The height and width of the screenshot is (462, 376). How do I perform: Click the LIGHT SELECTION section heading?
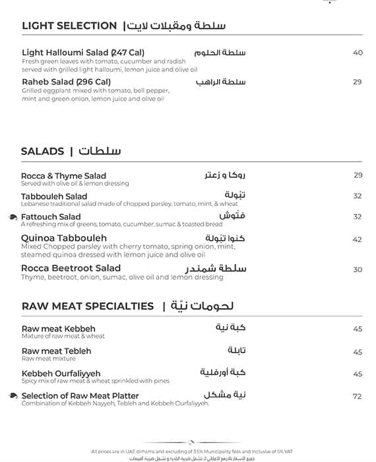click(x=69, y=26)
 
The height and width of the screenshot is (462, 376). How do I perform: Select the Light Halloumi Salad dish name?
click(x=83, y=52)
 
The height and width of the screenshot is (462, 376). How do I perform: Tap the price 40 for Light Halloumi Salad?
click(x=358, y=53)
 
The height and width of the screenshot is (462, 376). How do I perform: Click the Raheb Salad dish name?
click(x=66, y=82)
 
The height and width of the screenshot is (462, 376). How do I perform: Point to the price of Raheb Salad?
click(x=358, y=82)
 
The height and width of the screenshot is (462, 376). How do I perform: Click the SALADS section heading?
click(x=42, y=151)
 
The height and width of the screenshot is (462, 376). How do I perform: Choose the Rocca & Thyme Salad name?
click(x=63, y=176)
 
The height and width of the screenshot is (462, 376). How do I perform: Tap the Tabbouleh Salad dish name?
click(x=54, y=197)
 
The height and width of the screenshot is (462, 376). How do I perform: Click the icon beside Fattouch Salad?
click(x=13, y=217)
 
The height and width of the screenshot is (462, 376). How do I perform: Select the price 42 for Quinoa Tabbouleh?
click(x=357, y=240)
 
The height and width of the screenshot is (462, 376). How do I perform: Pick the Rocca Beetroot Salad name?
click(x=71, y=269)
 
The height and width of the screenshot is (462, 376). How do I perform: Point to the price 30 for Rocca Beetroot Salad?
click(x=358, y=269)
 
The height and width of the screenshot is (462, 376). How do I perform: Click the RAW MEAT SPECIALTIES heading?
click(x=88, y=306)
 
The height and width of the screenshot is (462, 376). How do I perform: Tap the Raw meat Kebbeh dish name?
click(x=58, y=329)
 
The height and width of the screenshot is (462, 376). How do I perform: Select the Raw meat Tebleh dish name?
click(x=56, y=351)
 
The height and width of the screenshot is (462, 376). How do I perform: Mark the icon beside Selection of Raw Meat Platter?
click(x=13, y=396)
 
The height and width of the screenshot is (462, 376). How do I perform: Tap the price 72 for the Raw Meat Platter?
click(x=358, y=397)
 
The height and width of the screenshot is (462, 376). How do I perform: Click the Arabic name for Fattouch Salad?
click(x=232, y=216)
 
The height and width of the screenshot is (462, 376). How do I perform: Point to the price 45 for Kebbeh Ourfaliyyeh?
click(x=358, y=374)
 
